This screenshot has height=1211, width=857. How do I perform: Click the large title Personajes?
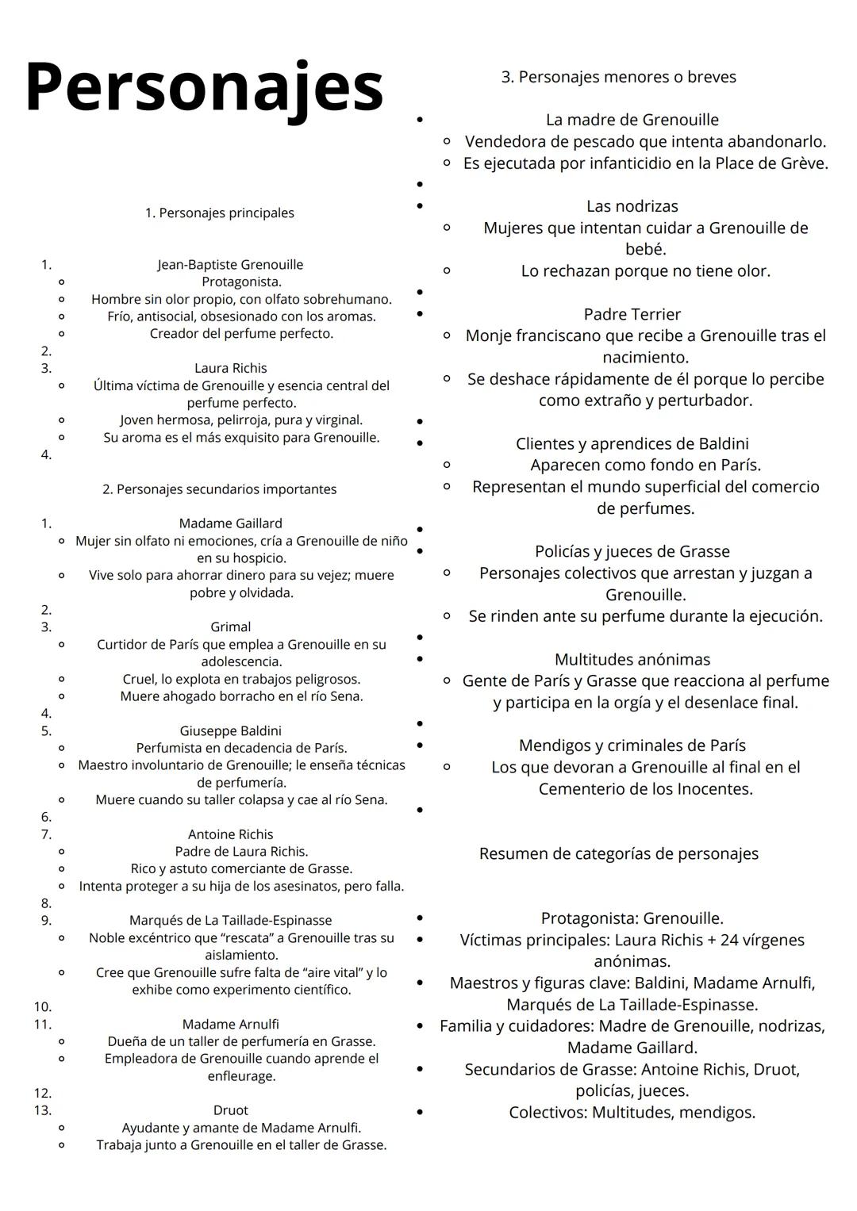204,87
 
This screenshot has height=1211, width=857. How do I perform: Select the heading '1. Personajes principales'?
219,213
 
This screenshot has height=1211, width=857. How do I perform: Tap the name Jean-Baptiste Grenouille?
230,265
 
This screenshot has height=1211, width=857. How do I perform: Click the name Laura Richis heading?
231,368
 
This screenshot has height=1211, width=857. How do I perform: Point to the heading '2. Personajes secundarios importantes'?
219,489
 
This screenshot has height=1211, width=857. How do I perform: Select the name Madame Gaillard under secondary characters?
230,523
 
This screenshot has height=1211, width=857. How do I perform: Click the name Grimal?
230,627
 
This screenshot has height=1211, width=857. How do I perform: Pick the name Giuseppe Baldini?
230,730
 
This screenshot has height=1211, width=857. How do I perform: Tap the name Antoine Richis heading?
230,834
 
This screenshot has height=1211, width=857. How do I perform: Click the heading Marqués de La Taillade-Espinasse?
230,921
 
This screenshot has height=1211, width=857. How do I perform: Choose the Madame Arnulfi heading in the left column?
230,1024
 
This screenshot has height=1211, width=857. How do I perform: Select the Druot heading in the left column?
230,1110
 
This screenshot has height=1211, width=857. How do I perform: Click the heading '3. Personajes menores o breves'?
619,77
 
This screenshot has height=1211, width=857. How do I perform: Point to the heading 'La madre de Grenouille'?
632,120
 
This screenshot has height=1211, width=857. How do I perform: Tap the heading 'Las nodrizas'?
632,206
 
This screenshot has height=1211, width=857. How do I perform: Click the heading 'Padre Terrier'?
632,314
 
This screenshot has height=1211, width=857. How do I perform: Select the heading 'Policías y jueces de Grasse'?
632,551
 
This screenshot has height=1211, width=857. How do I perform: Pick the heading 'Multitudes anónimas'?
632,659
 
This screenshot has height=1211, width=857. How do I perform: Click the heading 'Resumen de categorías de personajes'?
619,853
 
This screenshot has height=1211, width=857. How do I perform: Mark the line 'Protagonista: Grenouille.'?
632,918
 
